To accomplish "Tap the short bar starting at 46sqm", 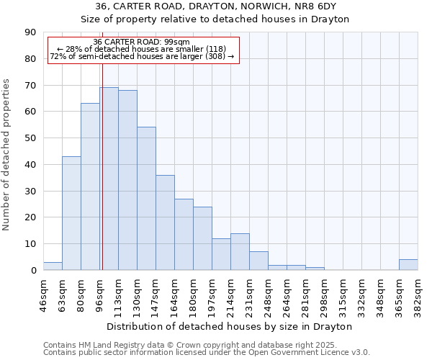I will pyautogui.click(x=53, y=266).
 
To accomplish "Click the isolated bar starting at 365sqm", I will pyautogui.click(x=408, y=265).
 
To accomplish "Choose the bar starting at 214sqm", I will pyautogui.click(x=240, y=252).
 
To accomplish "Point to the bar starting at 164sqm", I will pyautogui.click(x=184, y=235).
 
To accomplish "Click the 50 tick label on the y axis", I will pyautogui.click(x=30, y=138).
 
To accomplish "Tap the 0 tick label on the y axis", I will pyautogui.click(x=33, y=271).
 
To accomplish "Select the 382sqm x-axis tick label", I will pyautogui.click(x=418, y=294).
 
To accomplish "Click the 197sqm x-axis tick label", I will pyautogui.click(x=212, y=294).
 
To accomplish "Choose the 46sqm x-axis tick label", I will pyautogui.click(x=44, y=294).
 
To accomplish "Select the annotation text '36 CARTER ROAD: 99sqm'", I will pyautogui.click(x=141, y=42).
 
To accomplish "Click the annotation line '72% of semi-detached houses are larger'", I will pyautogui.click(x=142, y=56).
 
